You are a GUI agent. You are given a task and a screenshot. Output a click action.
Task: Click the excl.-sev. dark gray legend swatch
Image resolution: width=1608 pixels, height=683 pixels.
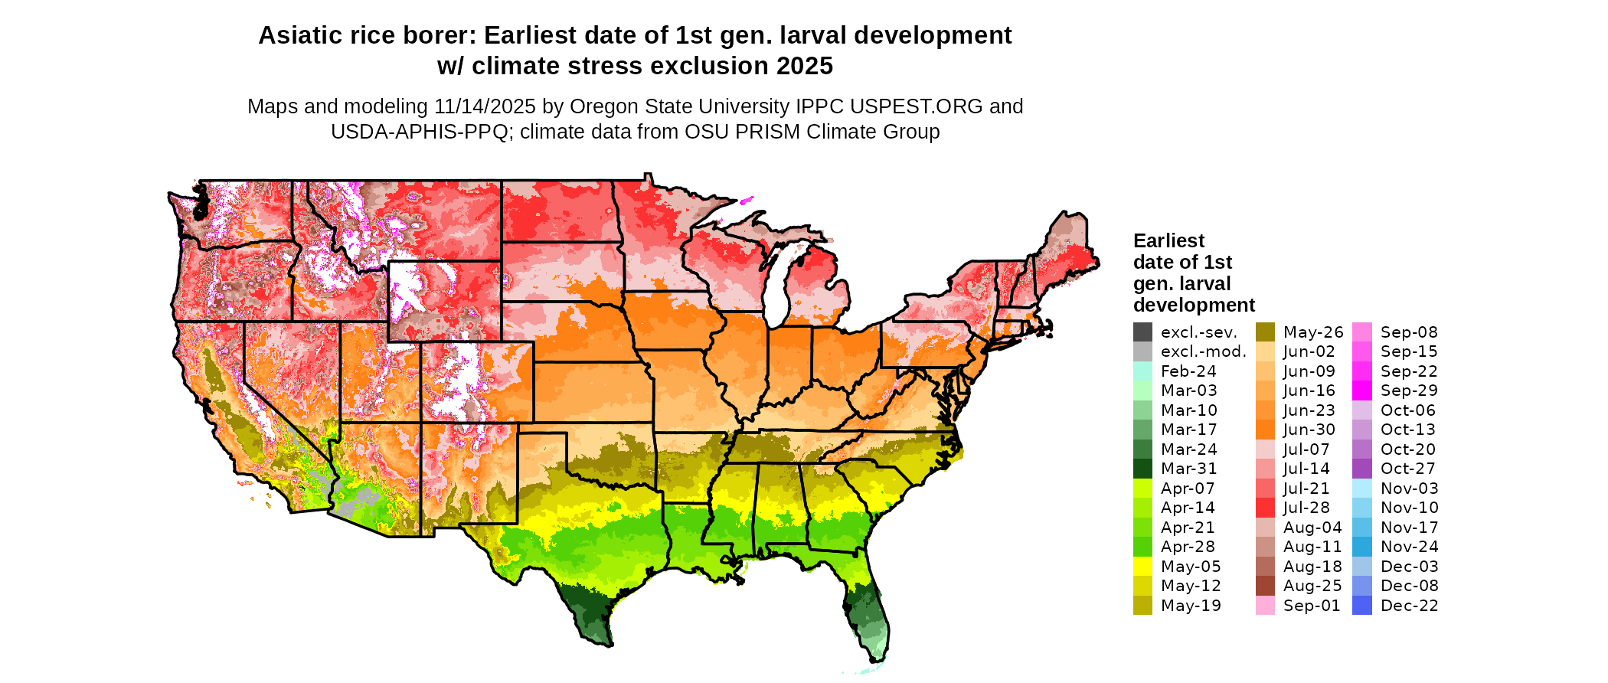[1142, 332]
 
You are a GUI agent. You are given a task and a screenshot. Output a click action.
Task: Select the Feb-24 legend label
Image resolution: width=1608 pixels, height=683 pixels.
[1188, 371]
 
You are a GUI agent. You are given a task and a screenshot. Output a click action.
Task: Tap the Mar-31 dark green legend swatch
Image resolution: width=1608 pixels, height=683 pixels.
[1142, 469]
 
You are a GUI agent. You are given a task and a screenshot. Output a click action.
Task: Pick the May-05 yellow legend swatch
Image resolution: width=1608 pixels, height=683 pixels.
[1142, 567]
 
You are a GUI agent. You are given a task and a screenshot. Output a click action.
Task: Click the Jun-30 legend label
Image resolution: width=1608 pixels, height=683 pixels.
[1309, 430]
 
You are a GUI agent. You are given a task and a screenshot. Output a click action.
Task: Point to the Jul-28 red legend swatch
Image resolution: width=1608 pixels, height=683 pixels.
[1265, 508]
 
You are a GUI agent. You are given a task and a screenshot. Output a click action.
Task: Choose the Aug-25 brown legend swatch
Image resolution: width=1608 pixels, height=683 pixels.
[1265, 586]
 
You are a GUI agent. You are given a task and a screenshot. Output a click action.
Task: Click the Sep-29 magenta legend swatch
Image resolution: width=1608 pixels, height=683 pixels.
[1362, 391]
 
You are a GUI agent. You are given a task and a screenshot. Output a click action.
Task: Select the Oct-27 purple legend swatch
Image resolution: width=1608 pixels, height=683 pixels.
[1362, 469]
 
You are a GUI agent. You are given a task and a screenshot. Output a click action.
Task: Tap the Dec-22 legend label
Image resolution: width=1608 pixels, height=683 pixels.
[1409, 606]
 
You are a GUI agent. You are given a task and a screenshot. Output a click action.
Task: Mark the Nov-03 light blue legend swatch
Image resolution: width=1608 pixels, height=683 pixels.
[1362, 489]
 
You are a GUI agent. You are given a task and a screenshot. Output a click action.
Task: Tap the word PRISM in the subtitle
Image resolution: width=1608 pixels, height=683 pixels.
[754, 132]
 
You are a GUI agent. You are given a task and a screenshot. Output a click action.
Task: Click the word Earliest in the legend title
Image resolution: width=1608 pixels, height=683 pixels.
[1168, 241]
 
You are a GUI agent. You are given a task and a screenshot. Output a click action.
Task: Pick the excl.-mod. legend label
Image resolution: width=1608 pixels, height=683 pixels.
[1204, 351]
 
